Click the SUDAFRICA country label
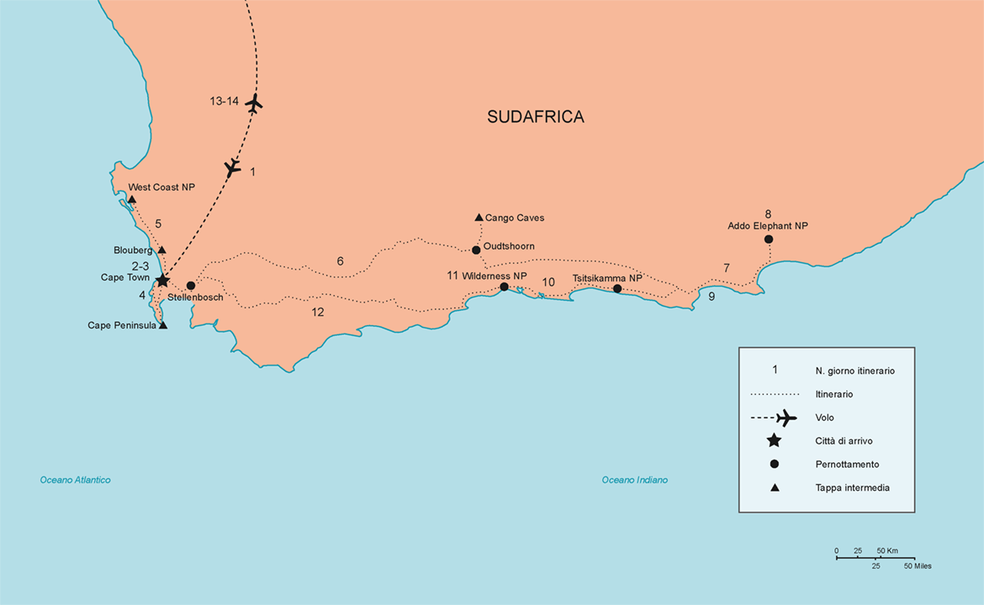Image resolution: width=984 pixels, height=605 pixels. pyautogui.click(x=535, y=117)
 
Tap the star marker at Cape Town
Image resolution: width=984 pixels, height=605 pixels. pyautogui.click(x=162, y=280)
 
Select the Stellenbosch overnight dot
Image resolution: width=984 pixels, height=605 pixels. pyautogui.click(x=191, y=286)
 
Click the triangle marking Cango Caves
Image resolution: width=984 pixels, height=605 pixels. pyautogui.click(x=479, y=218)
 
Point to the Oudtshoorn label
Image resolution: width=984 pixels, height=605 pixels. pyautogui.click(x=509, y=246)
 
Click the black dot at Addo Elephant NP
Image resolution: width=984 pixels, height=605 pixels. pyautogui.click(x=768, y=239)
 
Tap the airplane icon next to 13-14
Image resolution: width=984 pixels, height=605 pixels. pyautogui.click(x=254, y=103)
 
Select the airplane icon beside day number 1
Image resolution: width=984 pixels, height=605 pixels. pyautogui.click(x=233, y=168)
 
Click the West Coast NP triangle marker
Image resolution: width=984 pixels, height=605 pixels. pyautogui.click(x=132, y=199)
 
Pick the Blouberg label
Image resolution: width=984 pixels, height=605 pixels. pyautogui.click(x=133, y=250)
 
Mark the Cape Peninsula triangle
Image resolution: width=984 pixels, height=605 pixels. pyautogui.click(x=163, y=325)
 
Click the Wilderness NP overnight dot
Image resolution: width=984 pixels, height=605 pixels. pyautogui.click(x=504, y=287)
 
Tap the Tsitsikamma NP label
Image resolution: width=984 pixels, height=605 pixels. pyautogui.click(x=606, y=278)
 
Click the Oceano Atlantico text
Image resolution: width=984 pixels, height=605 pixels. pyautogui.click(x=75, y=480)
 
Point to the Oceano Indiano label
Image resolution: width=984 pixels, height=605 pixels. pyautogui.click(x=634, y=480)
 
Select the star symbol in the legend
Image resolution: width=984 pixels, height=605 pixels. pyautogui.click(x=774, y=440)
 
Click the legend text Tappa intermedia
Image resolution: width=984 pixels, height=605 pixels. pyautogui.click(x=852, y=487)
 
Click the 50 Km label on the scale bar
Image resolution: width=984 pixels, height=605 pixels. pyautogui.click(x=886, y=551)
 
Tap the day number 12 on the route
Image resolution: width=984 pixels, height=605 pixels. pyautogui.click(x=317, y=312)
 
